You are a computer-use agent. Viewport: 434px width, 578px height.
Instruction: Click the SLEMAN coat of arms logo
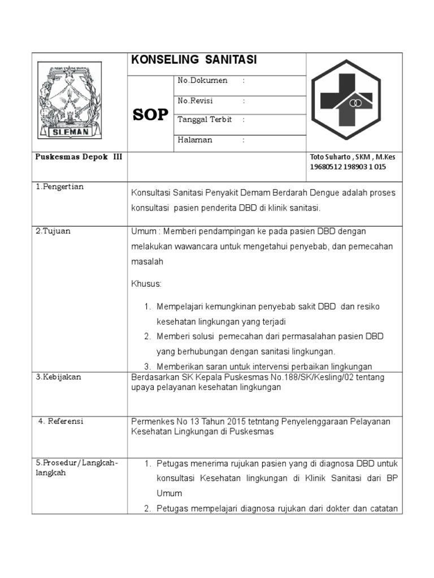70,100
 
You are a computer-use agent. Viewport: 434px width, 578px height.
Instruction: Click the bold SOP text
151,115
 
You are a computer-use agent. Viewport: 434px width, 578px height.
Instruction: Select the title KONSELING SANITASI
194,60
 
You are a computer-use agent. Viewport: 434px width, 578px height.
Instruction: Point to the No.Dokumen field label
202,81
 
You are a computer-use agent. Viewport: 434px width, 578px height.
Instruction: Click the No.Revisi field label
196,101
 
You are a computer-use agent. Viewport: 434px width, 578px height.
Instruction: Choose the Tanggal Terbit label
205,120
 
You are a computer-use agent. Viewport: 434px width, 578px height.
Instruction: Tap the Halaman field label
195,140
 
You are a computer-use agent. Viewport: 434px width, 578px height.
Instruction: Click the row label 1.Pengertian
59,187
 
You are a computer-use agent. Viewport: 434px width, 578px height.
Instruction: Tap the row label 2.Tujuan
54,231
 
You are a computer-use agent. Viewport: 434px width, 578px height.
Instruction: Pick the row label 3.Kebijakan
59,377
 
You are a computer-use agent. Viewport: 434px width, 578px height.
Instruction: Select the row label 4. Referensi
61,421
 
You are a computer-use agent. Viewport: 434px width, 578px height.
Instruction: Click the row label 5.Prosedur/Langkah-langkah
76,468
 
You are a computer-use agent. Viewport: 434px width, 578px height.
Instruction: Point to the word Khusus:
146,283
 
